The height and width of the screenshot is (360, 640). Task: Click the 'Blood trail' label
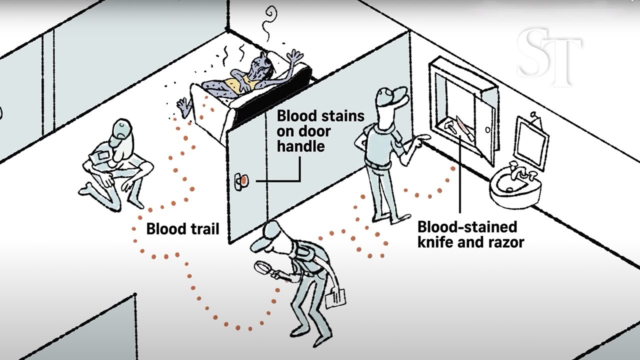pyautogui.click(x=182, y=229)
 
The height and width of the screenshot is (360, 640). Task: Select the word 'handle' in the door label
pyautogui.click(x=300, y=146)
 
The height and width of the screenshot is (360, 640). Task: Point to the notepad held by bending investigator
pyautogui.click(x=335, y=299)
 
